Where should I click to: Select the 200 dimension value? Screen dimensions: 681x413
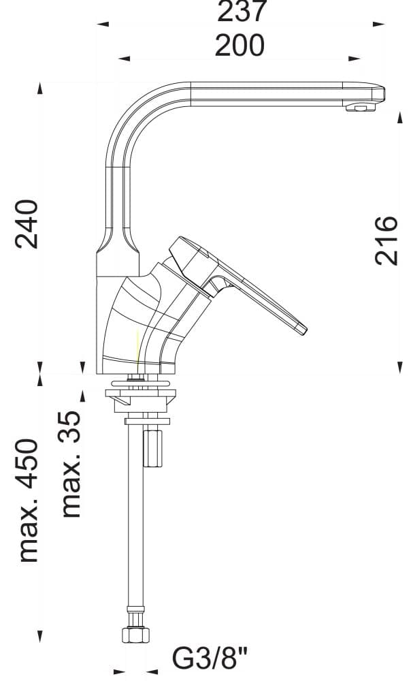[x=239, y=46]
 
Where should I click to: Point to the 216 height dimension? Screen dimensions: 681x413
[x=386, y=240]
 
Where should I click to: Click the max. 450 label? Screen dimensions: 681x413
[x=27, y=501]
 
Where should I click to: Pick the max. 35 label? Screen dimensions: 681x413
[x=71, y=463]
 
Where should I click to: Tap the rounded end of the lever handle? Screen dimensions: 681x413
[x=301, y=330]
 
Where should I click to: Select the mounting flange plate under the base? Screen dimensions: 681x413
[x=141, y=393]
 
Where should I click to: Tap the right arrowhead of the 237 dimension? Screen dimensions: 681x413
[x=378, y=24]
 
